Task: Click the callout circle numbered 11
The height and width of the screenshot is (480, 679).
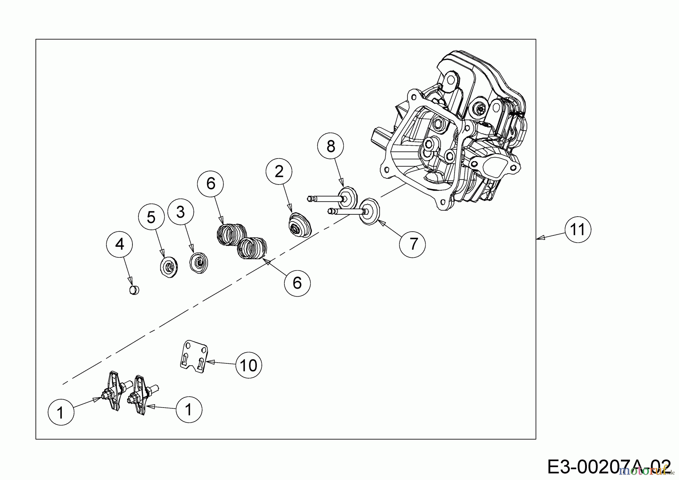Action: [578, 229]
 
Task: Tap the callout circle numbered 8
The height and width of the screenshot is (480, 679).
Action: [330, 146]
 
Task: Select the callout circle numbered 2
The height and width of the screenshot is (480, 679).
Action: [279, 172]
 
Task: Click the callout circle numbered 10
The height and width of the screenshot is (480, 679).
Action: [248, 365]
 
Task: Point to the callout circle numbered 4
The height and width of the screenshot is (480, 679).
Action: [119, 244]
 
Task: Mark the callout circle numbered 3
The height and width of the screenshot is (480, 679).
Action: [181, 212]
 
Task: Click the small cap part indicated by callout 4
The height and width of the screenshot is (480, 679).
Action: [133, 290]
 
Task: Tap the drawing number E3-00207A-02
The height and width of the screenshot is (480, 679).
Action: [609, 467]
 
